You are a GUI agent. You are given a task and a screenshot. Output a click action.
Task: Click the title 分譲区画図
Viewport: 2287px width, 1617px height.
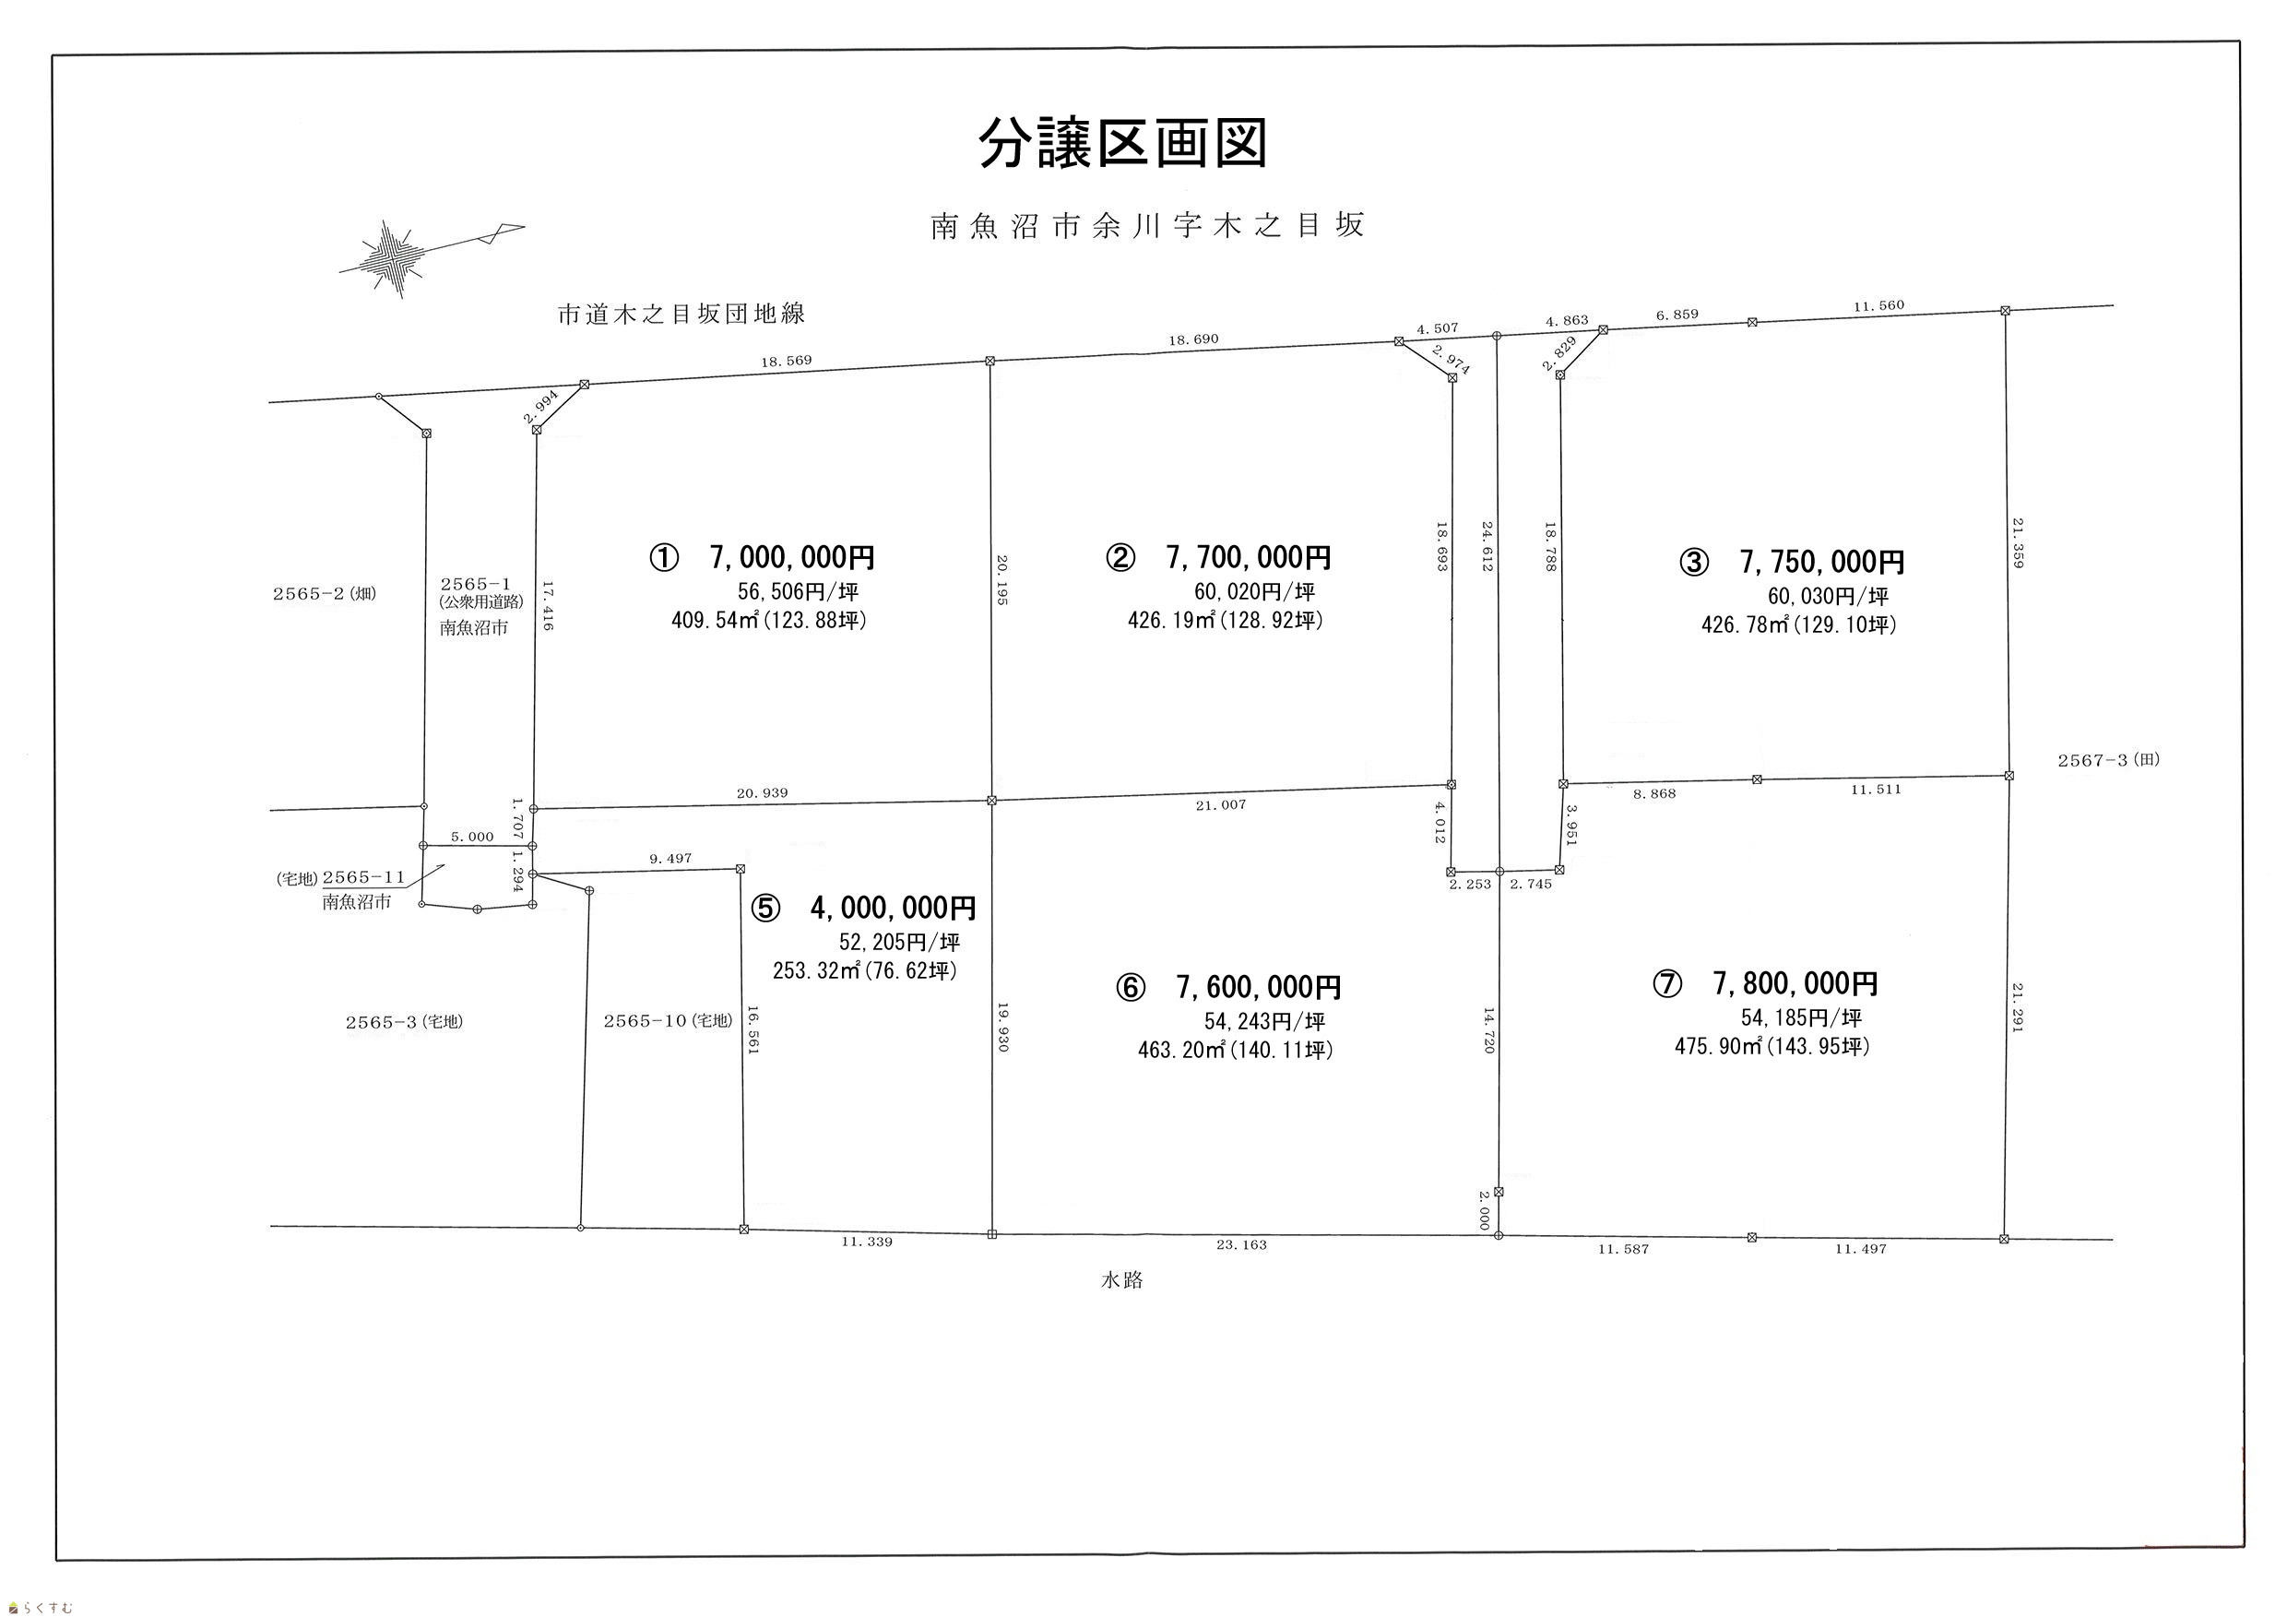(1122, 145)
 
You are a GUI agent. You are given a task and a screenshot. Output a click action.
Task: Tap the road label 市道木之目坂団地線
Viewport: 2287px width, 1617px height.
(681, 315)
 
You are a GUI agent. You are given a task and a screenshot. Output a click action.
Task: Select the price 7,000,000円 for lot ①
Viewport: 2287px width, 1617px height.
(793, 557)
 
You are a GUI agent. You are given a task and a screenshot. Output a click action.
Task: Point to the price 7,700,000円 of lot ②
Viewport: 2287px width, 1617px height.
(1248, 557)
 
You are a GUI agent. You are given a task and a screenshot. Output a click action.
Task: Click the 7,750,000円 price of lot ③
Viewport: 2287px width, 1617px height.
(1823, 562)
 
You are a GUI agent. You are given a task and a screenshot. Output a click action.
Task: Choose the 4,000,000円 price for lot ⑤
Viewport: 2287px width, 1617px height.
(894, 908)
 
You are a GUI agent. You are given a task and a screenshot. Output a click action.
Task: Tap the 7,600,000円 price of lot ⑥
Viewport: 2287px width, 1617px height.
(1259, 987)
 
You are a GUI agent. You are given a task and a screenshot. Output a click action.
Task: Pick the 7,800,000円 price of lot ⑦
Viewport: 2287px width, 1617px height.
(1795, 983)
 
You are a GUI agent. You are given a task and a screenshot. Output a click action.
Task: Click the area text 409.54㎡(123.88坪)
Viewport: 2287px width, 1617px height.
(769, 621)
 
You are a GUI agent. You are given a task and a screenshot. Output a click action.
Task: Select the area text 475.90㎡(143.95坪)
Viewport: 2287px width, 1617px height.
(1772, 1047)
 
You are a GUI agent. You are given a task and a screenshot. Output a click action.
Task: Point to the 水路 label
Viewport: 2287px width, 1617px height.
(1122, 1281)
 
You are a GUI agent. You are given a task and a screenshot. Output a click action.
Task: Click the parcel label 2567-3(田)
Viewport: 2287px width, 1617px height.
(2109, 760)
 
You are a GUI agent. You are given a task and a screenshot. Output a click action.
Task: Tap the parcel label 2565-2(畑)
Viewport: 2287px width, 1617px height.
(325, 594)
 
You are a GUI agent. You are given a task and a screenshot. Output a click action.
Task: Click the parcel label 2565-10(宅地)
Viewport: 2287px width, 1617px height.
(669, 1021)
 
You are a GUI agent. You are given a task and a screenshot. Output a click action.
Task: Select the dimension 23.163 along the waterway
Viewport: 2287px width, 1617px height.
(1241, 1245)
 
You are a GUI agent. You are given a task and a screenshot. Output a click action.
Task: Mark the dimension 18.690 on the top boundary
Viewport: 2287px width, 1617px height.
(1193, 339)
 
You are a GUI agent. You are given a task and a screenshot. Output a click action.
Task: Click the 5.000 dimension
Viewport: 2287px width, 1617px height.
(472, 837)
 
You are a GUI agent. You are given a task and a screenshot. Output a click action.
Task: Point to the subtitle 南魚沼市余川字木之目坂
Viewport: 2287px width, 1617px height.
(1147, 226)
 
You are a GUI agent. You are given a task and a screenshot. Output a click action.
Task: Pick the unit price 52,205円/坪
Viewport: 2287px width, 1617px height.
(899, 942)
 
